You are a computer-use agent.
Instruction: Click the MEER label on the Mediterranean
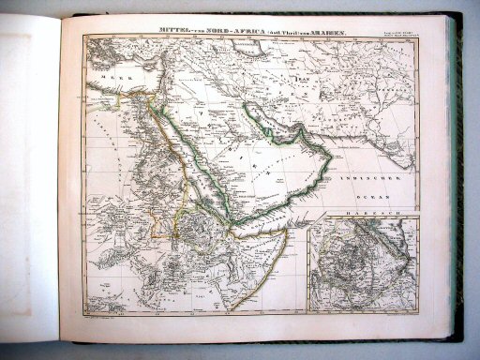point(100,77)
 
